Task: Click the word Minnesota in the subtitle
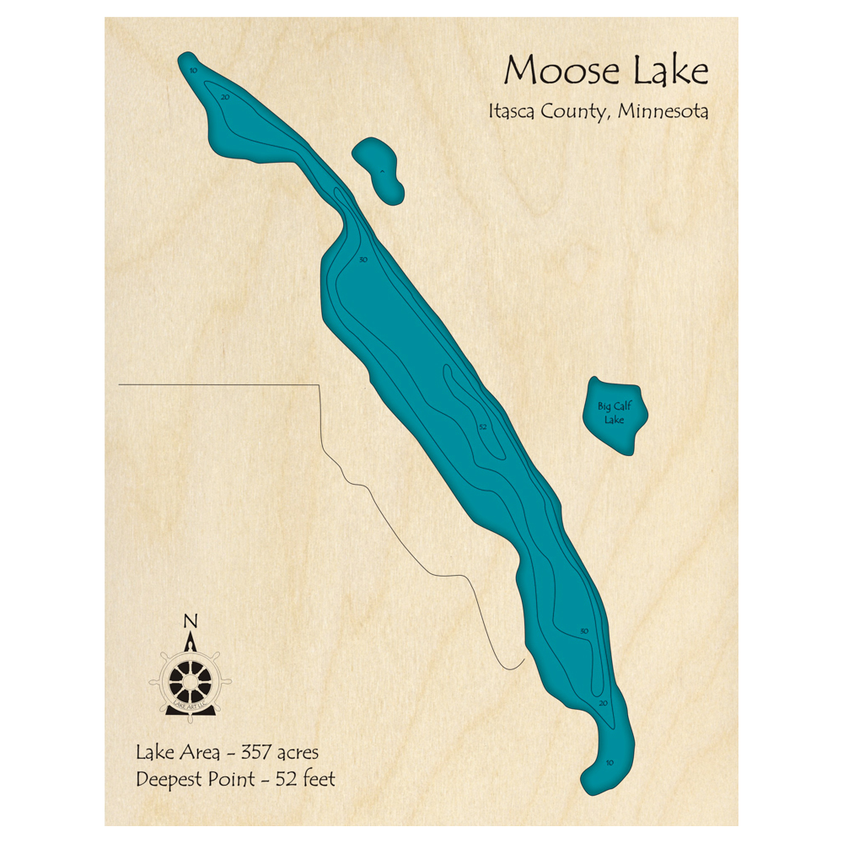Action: click(663, 111)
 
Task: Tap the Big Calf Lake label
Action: click(615, 413)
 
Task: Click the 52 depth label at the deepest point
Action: click(483, 427)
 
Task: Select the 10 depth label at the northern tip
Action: click(193, 71)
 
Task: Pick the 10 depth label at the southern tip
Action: click(610, 764)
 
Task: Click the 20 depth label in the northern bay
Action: click(225, 98)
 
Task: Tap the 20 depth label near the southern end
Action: click(603, 702)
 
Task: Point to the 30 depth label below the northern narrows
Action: click(363, 260)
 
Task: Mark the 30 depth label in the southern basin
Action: click(583, 631)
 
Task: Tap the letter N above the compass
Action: click(191, 622)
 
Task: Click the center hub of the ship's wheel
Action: click(190, 677)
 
